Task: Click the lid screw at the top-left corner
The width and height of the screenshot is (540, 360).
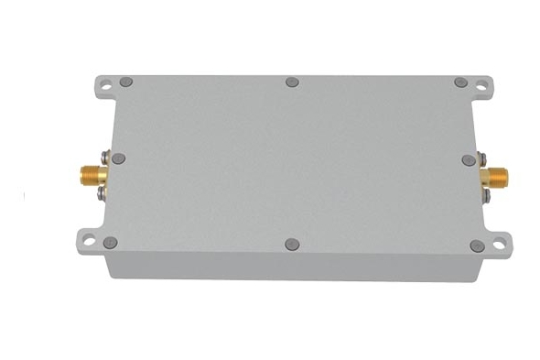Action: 126,82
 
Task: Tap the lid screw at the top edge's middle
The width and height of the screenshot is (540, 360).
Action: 292,82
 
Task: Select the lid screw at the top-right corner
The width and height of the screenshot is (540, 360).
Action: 460,82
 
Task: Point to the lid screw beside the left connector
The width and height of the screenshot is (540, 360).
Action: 118,158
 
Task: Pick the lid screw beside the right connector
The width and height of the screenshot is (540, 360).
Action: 469,160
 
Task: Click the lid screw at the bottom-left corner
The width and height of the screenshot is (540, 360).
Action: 111,243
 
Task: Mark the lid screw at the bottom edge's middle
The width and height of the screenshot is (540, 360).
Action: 292,245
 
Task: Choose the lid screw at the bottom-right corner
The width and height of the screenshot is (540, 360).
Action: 477,245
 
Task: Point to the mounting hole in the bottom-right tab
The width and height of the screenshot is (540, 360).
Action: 500,245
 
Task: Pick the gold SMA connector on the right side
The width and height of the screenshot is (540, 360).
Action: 497,176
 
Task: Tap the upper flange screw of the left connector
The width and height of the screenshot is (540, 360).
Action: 106,155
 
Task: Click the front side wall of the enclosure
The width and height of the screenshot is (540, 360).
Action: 293,267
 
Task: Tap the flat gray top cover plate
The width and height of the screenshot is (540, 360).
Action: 293,165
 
